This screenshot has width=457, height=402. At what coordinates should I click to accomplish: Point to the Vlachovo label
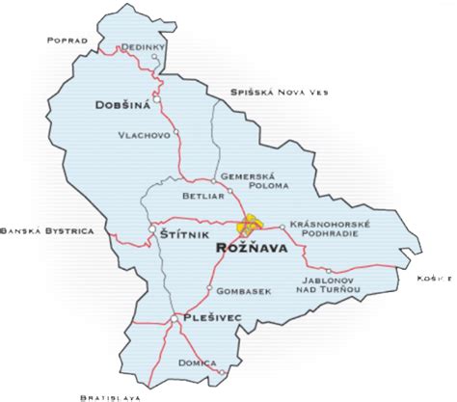[x=146, y=135]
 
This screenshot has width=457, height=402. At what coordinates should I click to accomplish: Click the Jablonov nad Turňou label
[x=326, y=281]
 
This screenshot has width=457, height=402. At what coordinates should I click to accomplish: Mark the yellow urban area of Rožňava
[x=253, y=225]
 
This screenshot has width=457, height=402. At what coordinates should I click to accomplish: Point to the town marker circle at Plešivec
[x=174, y=317]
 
